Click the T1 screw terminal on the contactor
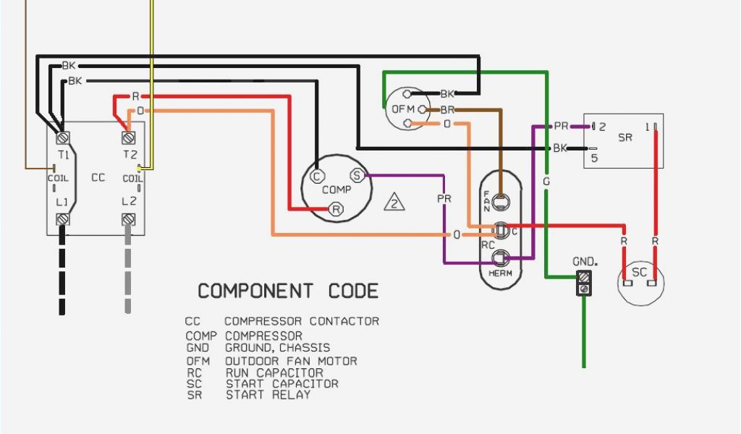pyautogui.click(x=62, y=137)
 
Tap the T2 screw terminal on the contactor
pyautogui.click(x=128, y=137)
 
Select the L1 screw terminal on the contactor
pyautogui.click(x=62, y=218)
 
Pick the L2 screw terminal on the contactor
pyautogui.click(x=128, y=218)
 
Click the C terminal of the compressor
pyautogui.click(x=316, y=176)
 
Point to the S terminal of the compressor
pyautogui.click(x=357, y=176)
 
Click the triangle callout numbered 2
pyautogui.click(x=394, y=202)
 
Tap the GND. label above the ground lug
pyautogui.click(x=585, y=261)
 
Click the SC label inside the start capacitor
pyautogui.click(x=640, y=272)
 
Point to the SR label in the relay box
pyautogui.click(x=627, y=137)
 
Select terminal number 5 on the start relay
pyautogui.click(x=594, y=158)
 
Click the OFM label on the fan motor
pyautogui.click(x=402, y=109)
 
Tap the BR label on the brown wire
pyautogui.click(x=447, y=110)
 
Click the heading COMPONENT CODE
pyautogui.click(x=288, y=291)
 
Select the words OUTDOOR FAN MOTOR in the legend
pyautogui.click(x=291, y=361)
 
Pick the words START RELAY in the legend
pyautogui.click(x=268, y=395)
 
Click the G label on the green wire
pyautogui.click(x=546, y=182)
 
